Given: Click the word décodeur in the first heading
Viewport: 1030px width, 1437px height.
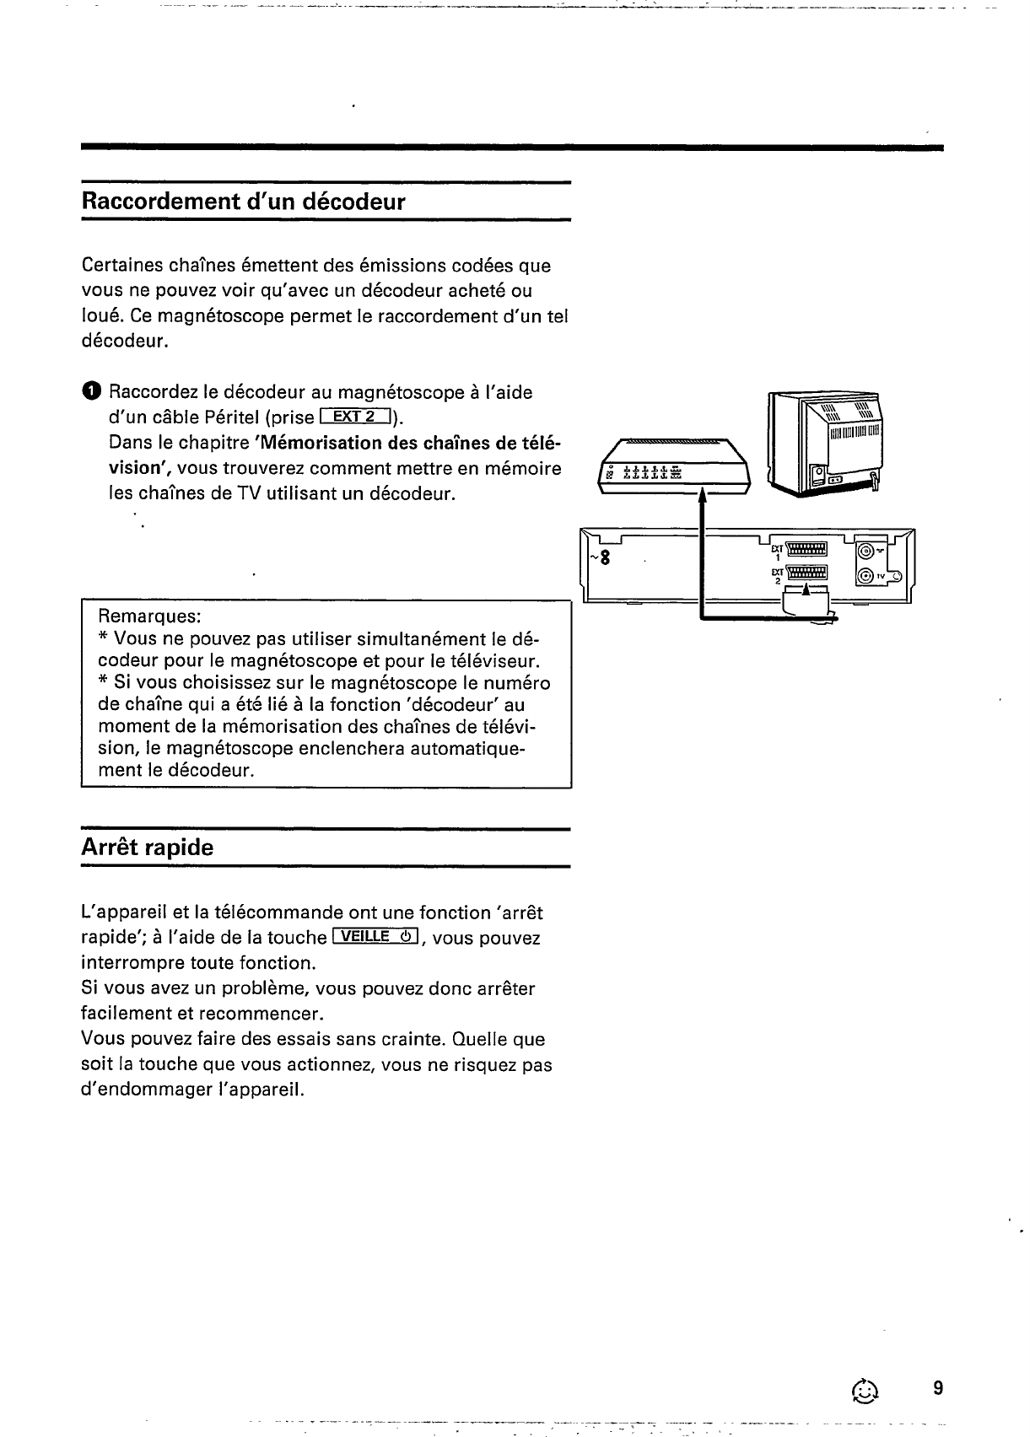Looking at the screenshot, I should pos(354,202).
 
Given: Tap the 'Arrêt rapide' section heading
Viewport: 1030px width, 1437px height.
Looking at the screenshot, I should pos(148,848).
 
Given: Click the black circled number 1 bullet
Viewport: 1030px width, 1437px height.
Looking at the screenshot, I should pos(91,392).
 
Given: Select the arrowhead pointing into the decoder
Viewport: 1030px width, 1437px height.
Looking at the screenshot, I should pos(702,501).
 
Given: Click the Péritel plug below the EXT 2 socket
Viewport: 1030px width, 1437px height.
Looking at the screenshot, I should pos(806,600).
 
